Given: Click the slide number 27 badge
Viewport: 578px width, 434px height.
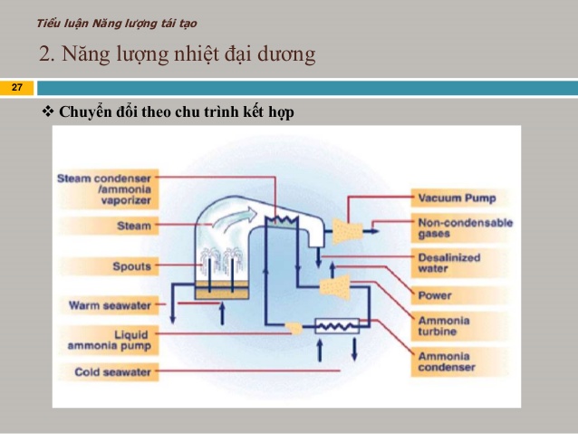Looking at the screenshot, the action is click(x=17, y=88).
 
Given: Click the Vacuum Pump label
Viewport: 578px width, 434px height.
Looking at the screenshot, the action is click(x=457, y=198).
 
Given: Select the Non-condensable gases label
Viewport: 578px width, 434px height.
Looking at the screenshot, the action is click(x=465, y=228).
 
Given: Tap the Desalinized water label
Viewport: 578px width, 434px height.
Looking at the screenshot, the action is click(x=449, y=263).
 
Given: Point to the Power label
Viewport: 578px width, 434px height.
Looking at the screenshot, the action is click(x=435, y=295).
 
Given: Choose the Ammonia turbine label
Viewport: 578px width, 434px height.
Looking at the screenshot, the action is click(x=444, y=326).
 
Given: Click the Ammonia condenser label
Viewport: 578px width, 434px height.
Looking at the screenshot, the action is click(x=447, y=362).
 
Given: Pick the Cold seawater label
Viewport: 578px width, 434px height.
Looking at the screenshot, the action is click(x=113, y=371).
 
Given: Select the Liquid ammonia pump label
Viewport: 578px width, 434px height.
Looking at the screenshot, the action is click(x=110, y=341).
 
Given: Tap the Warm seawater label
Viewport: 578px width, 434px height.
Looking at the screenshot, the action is click(x=110, y=305).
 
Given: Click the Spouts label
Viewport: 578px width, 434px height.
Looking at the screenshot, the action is click(x=131, y=266).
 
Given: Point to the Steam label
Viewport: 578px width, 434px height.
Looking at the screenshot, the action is click(x=134, y=226).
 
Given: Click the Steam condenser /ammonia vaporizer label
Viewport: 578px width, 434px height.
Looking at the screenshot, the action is click(x=104, y=189).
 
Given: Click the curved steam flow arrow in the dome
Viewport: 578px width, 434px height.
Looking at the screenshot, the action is click(x=235, y=218).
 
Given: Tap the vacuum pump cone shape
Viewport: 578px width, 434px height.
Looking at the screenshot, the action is click(x=347, y=231).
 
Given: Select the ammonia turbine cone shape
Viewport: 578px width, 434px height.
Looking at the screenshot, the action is click(x=334, y=287).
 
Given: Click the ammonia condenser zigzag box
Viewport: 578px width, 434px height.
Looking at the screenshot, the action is click(x=337, y=326).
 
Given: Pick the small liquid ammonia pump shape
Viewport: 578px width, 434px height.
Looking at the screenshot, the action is click(x=294, y=328).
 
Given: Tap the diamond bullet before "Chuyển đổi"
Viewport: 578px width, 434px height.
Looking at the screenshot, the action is click(x=48, y=111).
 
